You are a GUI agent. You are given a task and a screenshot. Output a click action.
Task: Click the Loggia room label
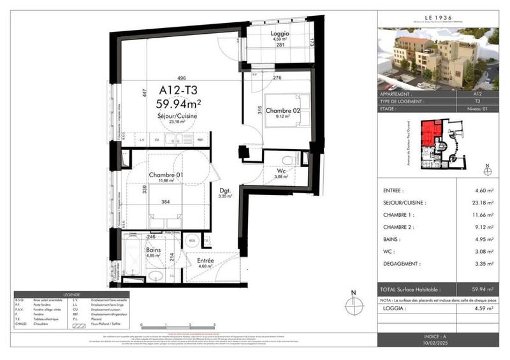pos(280,34)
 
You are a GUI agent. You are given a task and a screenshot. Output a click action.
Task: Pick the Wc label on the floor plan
pos(281,170)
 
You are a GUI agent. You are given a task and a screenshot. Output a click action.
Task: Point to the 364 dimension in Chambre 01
pos(165,203)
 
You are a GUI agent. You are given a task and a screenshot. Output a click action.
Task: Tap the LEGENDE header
pos(68,294)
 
